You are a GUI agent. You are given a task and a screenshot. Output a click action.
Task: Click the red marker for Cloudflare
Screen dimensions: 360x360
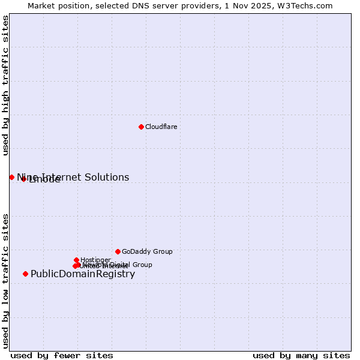pos(141,127)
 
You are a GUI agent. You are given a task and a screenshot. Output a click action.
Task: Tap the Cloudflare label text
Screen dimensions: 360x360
pos(161,127)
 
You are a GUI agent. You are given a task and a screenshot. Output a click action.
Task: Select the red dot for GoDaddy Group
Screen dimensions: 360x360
pos(118,251)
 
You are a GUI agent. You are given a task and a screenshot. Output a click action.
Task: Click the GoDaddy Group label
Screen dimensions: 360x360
pos(147,251)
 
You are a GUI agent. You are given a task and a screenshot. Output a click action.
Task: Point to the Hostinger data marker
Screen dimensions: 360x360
pos(76,260)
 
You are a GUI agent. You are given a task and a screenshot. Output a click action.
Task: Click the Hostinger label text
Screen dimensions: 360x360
pos(95,260)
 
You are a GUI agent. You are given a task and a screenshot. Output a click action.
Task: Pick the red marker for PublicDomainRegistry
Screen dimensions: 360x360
pos(25,274)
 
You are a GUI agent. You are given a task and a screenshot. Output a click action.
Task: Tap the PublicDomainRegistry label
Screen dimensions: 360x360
pos(83,274)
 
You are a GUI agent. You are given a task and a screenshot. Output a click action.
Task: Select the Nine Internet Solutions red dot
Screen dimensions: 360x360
pos(11,177)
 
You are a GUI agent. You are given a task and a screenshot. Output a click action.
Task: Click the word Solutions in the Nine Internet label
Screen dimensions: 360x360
pos(107,177)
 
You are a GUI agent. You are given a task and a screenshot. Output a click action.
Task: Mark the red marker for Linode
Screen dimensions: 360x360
pos(23,179)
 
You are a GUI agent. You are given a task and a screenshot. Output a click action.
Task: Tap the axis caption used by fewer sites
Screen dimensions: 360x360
pos(62,355)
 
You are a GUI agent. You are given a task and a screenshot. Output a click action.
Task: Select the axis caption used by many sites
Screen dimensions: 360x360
pos(301,355)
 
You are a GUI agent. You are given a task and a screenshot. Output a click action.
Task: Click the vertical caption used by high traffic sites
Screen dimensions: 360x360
pos(5,85)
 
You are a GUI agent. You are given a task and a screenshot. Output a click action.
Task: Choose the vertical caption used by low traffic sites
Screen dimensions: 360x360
pos(5,280)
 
